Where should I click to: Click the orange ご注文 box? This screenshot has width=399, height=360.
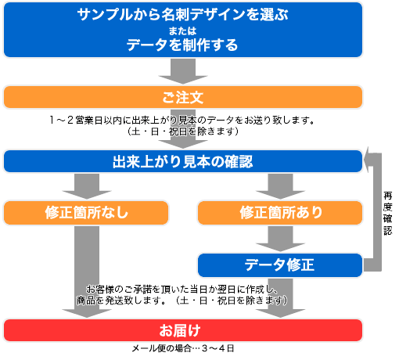pos(183,97)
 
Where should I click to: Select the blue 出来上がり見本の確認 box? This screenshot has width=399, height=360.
pos(183,161)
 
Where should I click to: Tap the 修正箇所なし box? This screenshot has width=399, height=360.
pos(86,213)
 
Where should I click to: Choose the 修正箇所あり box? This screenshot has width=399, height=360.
pos(280,213)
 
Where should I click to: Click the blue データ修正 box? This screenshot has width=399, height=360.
pos(280,265)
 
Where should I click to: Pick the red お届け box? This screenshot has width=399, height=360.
pos(183,330)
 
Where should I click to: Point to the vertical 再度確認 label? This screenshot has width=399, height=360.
pos(388,214)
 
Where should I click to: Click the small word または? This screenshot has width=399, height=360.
pos(182,31)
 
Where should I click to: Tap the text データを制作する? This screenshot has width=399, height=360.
pos(182,45)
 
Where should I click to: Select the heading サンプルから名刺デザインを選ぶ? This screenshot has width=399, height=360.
pos(183,14)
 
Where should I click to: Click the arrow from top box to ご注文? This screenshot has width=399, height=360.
pos(183,71)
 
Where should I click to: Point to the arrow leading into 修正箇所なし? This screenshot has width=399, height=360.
pos(87,186)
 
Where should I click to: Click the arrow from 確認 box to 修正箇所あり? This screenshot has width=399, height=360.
pos(280,186)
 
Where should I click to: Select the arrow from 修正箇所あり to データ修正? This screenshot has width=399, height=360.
pos(280,239)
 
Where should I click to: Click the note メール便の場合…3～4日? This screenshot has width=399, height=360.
pos(183,348)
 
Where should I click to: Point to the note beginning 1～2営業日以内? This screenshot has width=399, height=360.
pos(182,120)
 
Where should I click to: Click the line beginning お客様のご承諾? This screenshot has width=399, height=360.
pos(182,289)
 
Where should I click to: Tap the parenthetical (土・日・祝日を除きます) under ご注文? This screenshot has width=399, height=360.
pos(183,131)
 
